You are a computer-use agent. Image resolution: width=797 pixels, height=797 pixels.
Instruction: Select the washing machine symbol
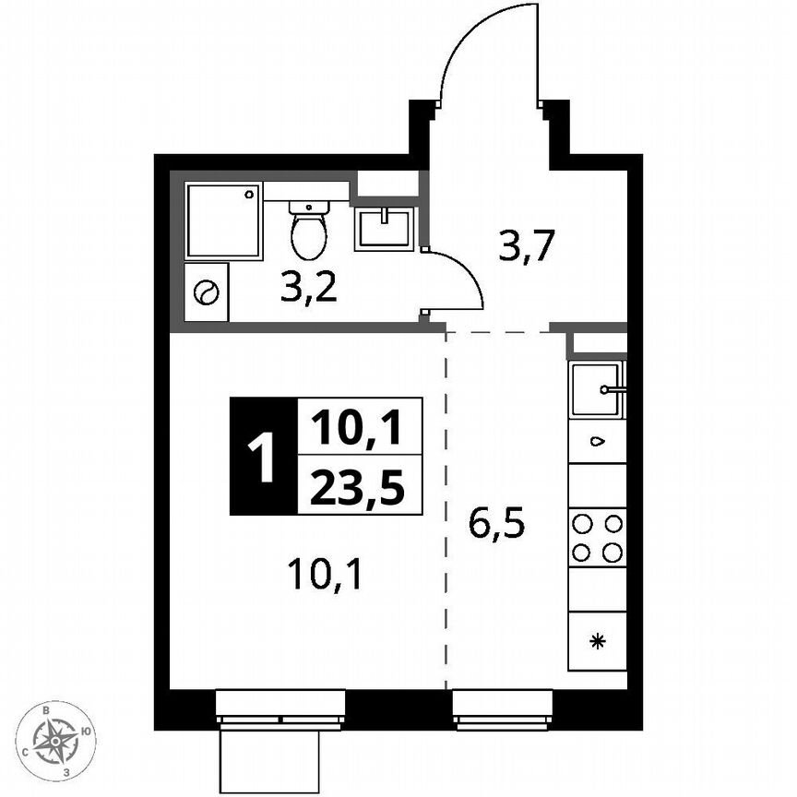tap(205, 293)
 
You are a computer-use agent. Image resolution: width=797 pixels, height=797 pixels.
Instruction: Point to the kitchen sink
tap(595, 389)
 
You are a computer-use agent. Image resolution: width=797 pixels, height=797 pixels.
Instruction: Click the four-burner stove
tap(597, 538)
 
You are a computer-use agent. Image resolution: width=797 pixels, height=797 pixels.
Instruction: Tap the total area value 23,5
tap(357, 486)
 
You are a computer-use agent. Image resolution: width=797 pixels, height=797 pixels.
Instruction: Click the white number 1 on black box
tap(262, 457)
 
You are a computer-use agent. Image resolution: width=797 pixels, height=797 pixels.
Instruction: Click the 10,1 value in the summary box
tap(357, 427)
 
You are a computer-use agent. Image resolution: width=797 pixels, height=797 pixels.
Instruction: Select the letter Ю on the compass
tap(85, 732)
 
